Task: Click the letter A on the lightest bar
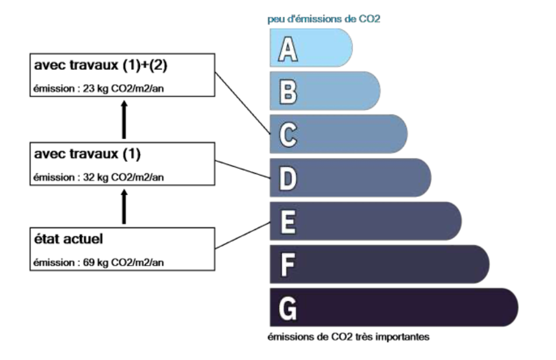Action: pyautogui.click(x=287, y=49)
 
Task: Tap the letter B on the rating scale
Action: pyautogui.click(x=288, y=91)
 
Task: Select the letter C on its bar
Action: pyautogui.click(x=288, y=135)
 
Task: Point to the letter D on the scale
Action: pyautogui.click(x=288, y=178)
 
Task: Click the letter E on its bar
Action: pyautogui.click(x=288, y=222)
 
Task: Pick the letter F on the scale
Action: pyautogui.click(x=287, y=264)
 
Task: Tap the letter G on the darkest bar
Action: pyautogui.click(x=287, y=308)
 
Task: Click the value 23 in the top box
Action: pyautogui.click(x=89, y=88)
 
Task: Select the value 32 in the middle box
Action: pyautogui.click(x=89, y=177)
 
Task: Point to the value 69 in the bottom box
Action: pyautogui.click(x=89, y=262)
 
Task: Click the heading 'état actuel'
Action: pyautogui.click(x=69, y=239)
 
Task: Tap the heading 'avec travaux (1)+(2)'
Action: pyautogui.click(x=101, y=65)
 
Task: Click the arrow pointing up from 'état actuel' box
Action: pyautogui.click(x=124, y=207)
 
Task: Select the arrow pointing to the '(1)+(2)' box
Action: pyautogui.click(x=124, y=119)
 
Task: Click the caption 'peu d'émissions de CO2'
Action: pyautogui.click(x=324, y=19)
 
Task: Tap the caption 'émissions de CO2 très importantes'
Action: pyautogui.click(x=349, y=337)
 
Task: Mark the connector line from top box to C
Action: pyautogui.click(x=243, y=103)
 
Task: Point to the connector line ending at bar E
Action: pyautogui.click(x=243, y=235)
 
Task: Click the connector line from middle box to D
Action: pyautogui.click(x=243, y=169)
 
